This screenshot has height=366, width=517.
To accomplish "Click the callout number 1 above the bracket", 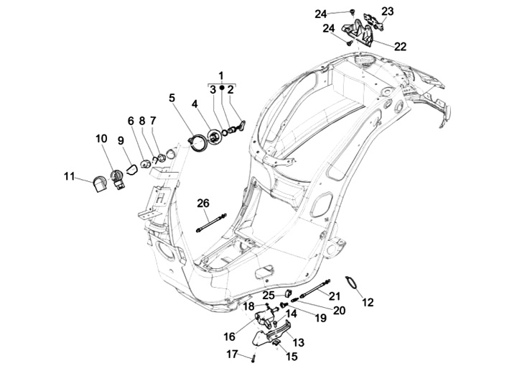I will point(221,76).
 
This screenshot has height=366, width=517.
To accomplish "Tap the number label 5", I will point(172,98).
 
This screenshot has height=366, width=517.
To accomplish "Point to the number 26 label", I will point(203,203).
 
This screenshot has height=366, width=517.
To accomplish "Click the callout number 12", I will point(368,303).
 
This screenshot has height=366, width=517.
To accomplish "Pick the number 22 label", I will point(400,46).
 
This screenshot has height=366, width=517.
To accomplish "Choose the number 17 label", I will point(232,353).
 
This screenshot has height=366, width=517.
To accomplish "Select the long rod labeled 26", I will point(210,221).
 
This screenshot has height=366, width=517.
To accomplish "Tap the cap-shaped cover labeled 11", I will point(95,185).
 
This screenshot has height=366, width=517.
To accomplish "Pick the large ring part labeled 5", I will point(195,142).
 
